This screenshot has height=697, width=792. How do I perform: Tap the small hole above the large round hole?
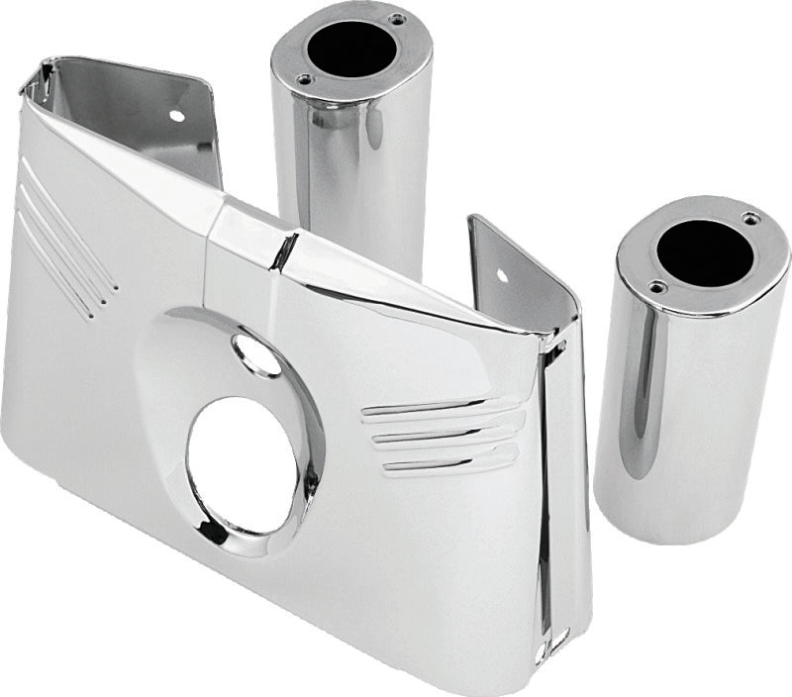(x=256, y=353)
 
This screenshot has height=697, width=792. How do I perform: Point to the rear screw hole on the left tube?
(x=396, y=19)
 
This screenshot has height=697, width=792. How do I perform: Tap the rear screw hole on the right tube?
(x=749, y=218)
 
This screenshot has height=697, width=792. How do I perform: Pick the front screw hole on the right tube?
(x=654, y=287)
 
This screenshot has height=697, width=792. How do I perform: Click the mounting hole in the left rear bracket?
(x=176, y=115)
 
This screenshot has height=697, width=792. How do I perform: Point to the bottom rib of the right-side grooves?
(x=450, y=460)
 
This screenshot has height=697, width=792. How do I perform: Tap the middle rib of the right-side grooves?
(x=445, y=434)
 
